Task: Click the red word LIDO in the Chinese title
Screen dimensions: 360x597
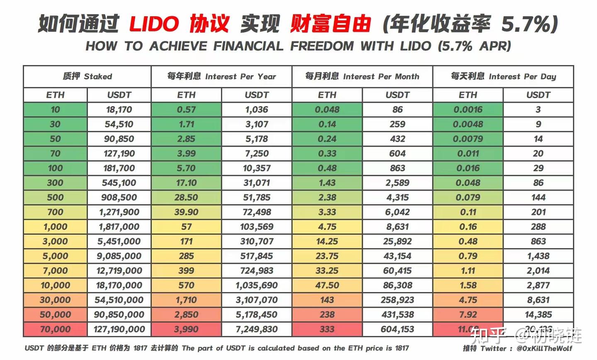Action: (154, 24)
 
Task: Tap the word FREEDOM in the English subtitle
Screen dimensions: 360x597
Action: (321, 46)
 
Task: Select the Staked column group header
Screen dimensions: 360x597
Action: (87, 77)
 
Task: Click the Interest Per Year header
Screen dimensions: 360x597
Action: (221, 77)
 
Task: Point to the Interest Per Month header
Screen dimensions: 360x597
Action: (362, 77)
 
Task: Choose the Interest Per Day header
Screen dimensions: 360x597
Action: (503, 77)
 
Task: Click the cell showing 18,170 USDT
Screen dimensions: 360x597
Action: (119, 110)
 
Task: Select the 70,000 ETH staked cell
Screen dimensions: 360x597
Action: (55, 329)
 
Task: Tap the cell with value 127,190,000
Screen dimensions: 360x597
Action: (119, 329)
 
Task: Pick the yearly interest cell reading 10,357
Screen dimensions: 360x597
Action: (257, 168)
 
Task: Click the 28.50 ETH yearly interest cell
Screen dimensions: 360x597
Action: (186, 198)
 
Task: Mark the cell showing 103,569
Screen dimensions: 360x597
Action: (257, 227)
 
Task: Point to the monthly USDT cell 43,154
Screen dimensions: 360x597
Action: (397, 256)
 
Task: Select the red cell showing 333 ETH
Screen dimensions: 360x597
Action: (327, 329)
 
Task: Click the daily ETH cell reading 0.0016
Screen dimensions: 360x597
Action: (468, 110)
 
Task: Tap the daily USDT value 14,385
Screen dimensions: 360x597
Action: (538, 315)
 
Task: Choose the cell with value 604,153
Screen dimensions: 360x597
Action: (397, 329)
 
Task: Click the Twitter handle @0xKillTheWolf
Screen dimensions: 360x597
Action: (544, 348)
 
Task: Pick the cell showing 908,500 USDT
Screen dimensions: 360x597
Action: (119, 198)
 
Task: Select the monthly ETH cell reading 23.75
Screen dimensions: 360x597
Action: (327, 256)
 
